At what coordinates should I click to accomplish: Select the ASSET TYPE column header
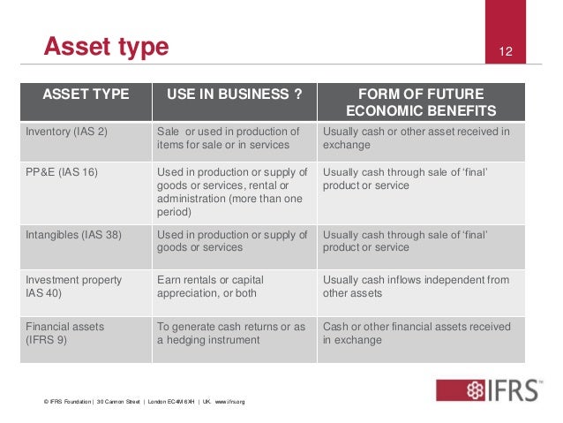[86, 94]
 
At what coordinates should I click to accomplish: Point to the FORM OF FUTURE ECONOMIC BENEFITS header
[420, 102]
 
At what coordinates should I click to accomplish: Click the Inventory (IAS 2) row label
[65, 132]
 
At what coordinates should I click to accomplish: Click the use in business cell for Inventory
[228, 139]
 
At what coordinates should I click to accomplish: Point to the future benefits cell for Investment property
[416, 286]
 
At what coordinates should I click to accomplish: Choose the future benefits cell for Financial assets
[417, 333]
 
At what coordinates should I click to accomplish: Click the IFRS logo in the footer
[487, 390]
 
